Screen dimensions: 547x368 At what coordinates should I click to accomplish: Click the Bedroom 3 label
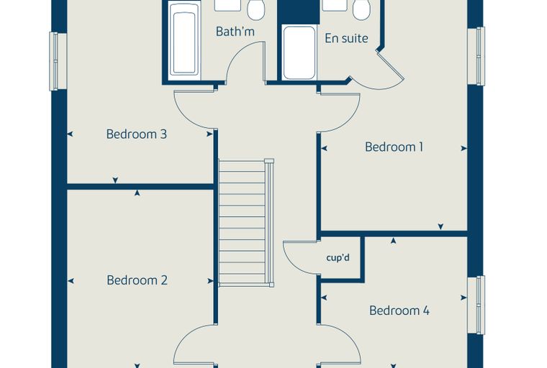[137, 134]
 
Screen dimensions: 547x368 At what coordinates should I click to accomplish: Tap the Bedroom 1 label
[394, 147]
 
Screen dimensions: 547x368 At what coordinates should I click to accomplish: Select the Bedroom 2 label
[137, 280]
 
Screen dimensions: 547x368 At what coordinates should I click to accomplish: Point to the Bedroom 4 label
[399, 310]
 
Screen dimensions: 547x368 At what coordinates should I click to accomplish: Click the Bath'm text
[235, 32]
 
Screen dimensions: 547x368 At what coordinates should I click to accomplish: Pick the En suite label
[346, 38]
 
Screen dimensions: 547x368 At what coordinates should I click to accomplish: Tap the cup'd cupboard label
[338, 258]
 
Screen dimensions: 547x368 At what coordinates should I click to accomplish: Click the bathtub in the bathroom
[184, 42]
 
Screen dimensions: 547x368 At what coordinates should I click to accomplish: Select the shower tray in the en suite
[299, 53]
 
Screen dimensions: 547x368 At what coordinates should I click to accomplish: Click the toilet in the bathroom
[256, 10]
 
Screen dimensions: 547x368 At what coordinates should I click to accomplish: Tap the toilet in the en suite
[361, 10]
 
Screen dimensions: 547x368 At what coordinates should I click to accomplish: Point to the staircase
[246, 223]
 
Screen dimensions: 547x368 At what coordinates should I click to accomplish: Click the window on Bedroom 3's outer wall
[58, 61]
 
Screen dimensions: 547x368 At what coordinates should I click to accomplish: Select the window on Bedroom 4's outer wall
[476, 305]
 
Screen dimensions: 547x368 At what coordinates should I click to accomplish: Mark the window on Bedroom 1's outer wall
[476, 56]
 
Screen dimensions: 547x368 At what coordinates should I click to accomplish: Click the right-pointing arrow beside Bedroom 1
[464, 149]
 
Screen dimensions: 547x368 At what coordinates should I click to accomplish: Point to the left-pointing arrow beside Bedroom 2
[71, 281]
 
